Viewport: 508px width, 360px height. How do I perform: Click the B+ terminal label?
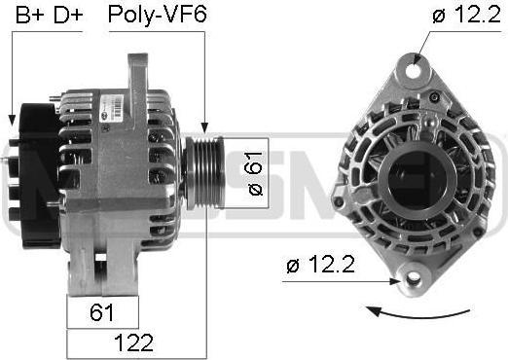(x=30, y=15)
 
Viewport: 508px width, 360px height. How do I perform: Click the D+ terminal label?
(x=68, y=15)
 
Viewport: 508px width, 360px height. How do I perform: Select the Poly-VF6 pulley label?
(x=158, y=15)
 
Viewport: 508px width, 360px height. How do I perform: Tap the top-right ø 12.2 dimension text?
(x=467, y=15)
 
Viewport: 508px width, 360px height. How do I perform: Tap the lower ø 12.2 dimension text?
(x=320, y=265)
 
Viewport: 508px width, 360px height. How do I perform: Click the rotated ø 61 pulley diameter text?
(x=255, y=173)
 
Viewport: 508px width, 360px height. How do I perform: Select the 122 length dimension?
(x=134, y=342)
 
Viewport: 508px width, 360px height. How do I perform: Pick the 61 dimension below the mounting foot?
(x=102, y=312)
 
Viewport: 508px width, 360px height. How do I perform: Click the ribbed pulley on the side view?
(x=203, y=172)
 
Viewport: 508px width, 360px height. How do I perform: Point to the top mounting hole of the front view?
(x=415, y=70)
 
